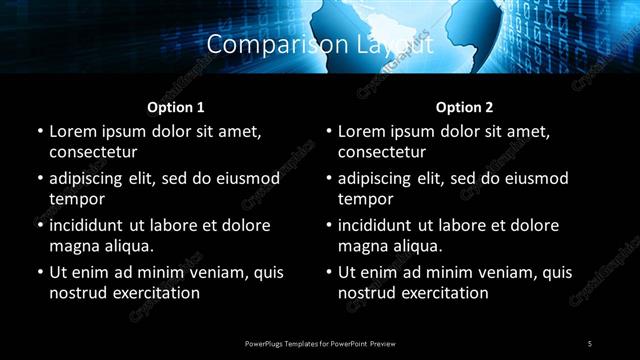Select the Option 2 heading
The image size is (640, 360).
[464, 106]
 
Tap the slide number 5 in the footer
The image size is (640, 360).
[590, 344]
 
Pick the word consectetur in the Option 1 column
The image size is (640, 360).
[93, 152]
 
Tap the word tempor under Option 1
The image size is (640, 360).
[74, 199]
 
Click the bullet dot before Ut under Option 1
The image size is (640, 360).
[39, 272]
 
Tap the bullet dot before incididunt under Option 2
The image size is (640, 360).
[328, 225]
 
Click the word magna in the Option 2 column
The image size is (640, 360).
[361, 246]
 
